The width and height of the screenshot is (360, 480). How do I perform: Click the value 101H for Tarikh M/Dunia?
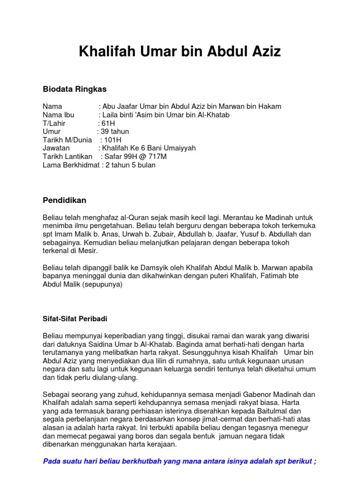[x=113, y=140]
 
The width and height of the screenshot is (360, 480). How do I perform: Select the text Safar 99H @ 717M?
[x=134, y=157]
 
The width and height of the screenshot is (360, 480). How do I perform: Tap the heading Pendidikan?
[x=65, y=201]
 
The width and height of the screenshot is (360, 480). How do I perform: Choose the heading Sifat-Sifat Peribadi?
[x=75, y=319]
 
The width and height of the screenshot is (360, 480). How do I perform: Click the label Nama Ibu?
[x=59, y=115]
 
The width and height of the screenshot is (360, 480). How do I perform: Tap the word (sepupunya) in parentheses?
[x=103, y=285]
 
